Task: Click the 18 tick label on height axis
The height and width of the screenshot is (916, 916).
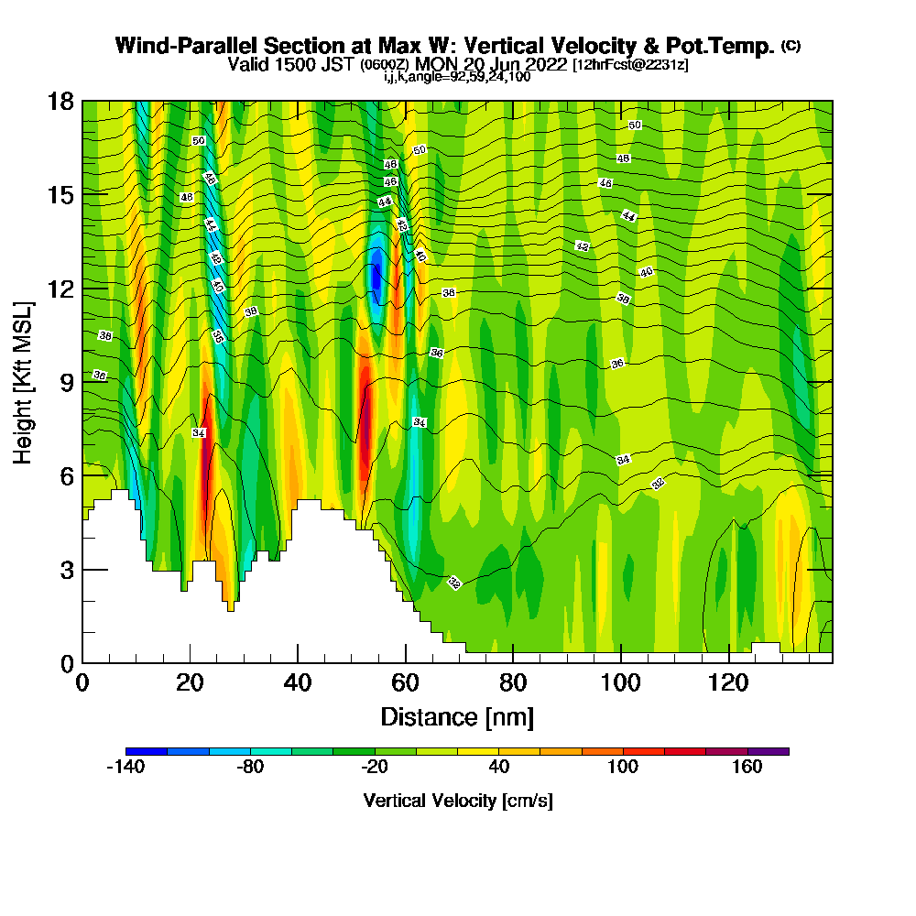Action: point(61,101)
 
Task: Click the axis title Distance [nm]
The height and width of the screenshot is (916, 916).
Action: point(457,716)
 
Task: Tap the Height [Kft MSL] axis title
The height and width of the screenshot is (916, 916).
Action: point(24,382)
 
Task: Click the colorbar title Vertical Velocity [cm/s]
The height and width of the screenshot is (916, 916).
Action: point(457,801)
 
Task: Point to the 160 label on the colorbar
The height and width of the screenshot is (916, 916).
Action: point(747,768)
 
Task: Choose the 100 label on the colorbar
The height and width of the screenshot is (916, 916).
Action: point(623,768)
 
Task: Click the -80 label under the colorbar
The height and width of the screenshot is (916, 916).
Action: point(250,768)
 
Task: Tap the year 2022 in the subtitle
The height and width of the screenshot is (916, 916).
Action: point(535,64)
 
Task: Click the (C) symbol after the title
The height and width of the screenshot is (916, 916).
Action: point(790,46)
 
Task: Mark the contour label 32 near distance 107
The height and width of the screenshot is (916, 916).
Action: point(658,484)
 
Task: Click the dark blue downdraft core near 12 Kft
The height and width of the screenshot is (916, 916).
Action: point(375,275)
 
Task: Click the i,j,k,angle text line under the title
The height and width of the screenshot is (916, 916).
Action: point(457,77)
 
